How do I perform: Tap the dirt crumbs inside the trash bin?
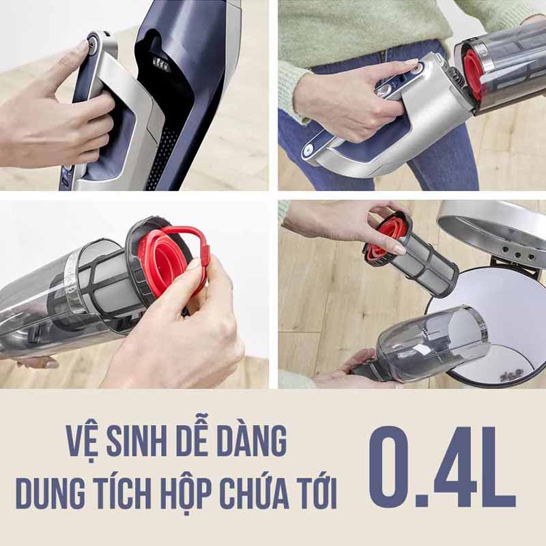click(508, 376)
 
